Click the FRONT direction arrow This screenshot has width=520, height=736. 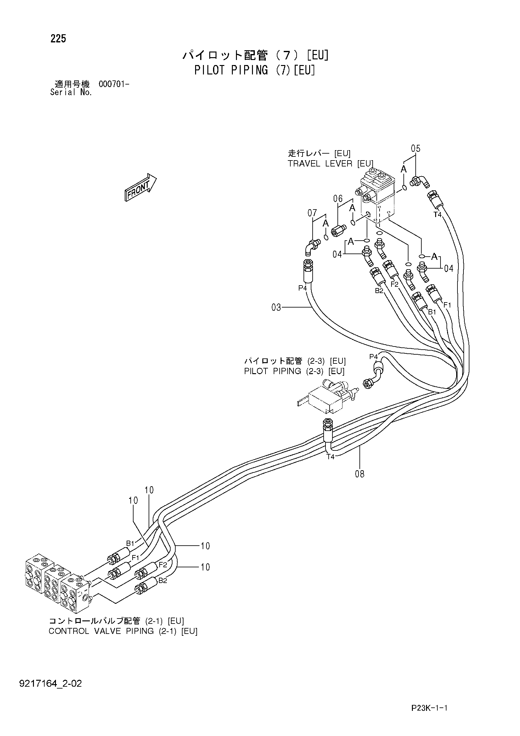click(x=140, y=188)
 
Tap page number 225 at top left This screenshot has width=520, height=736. click(x=58, y=39)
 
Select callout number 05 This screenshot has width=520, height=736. click(x=415, y=148)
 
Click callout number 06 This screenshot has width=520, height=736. click(x=338, y=199)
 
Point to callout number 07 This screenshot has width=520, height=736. click(x=312, y=213)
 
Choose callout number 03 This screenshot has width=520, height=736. click(x=276, y=308)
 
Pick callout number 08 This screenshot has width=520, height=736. click(x=360, y=474)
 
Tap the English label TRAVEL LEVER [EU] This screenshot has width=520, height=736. click(x=331, y=163)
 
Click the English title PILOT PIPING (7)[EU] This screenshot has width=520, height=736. click(x=255, y=70)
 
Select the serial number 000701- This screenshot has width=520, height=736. click(x=114, y=84)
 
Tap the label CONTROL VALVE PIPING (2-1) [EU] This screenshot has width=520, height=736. click(x=123, y=631)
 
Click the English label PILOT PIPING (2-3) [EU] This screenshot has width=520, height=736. click(x=294, y=371)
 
